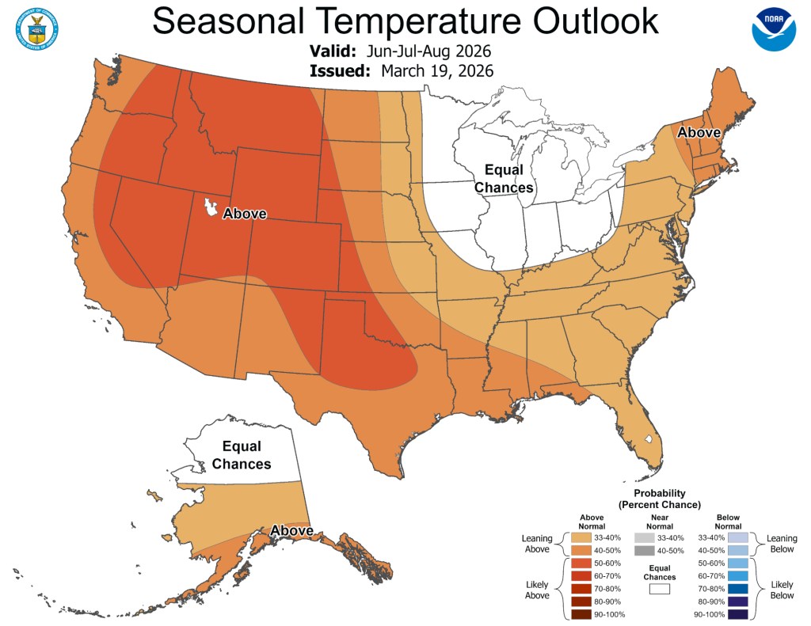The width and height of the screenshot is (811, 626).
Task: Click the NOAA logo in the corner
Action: [x=773, y=30]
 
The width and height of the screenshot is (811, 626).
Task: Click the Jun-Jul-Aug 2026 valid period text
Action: [x=429, y=51]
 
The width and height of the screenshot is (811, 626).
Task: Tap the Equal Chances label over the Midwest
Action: [x=503, y=179]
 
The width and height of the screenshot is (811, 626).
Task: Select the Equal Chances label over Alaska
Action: [x=242, y=455]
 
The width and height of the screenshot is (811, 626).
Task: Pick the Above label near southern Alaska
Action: [x=291, y=530]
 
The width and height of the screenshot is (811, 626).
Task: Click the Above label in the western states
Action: [x=245, y=214]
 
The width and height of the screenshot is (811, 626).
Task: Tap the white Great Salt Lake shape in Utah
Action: [x=211, y=209]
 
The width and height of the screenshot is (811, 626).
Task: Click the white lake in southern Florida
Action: [x=648, y=438]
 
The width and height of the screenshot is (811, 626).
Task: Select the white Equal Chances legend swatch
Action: [x=659, y=588]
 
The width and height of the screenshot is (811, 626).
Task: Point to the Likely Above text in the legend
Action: [x=537, y=589]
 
